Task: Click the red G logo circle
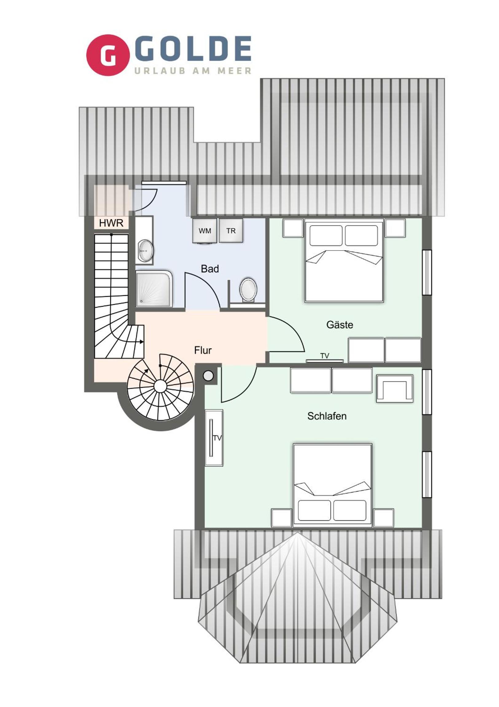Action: (107, 55)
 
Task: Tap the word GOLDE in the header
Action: (193, 48)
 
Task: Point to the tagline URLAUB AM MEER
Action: (193, 71)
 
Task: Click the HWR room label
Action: (111, 223)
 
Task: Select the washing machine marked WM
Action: (205, 231)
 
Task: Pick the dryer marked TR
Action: (231, 231)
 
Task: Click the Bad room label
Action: (210, 269)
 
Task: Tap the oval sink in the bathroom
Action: (146, 251)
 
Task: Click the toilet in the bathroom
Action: (248, 290)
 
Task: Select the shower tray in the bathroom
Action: (154, 289)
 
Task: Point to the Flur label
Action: (203, 350)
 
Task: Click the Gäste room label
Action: (340, 325)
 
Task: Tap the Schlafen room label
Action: (327, 416)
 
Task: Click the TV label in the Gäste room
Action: (325, 356)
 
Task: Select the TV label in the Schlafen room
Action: (217, 438)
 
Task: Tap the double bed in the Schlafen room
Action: (332, 484)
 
